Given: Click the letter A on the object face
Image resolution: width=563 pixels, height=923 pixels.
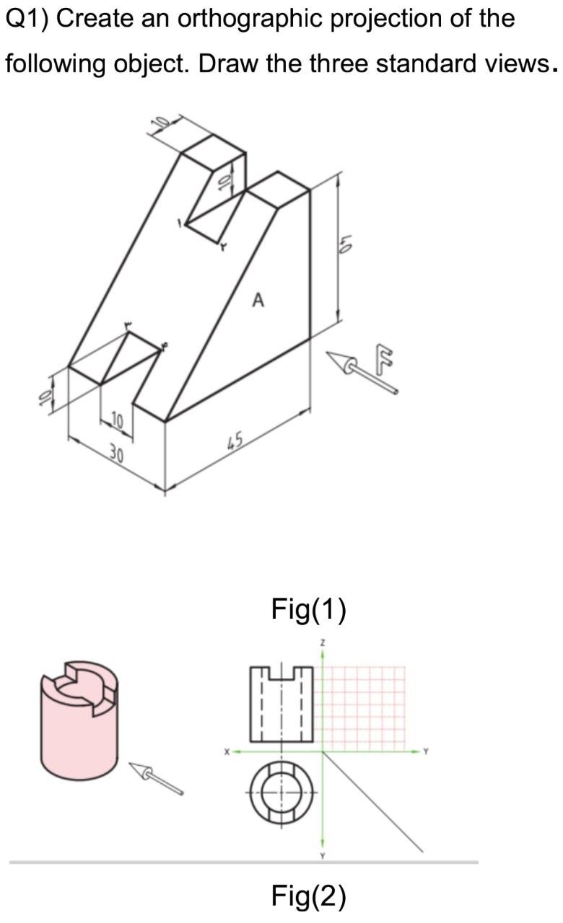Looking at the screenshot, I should (258, 299).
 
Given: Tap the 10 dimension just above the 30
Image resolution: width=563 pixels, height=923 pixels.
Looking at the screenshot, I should (118, 420).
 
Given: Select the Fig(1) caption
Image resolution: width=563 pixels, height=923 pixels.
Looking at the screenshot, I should (308, 609).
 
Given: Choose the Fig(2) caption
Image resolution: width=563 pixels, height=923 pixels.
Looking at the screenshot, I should (308, 896).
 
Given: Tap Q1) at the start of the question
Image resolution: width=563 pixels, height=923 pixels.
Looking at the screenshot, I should (27, 18).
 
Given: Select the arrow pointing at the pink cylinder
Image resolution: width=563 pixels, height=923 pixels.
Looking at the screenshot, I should (156, 779).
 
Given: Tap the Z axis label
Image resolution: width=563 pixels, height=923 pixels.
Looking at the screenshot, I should (323, 641).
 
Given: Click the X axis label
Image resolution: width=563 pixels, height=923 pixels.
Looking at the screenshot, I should (226, 751).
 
